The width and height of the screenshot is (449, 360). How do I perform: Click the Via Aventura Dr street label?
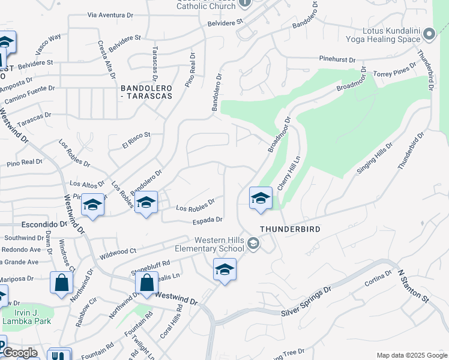(109, 14)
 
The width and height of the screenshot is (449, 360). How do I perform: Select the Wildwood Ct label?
(118, 251)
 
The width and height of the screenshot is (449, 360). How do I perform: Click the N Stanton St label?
(414, 285)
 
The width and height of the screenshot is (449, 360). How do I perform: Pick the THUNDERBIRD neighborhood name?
(290, 229)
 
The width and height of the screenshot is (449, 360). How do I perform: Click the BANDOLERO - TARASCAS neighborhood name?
(147, 91)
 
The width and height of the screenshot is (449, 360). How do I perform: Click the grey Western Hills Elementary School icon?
(254, 243)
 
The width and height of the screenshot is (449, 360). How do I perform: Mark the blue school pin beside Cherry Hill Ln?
(261, 199)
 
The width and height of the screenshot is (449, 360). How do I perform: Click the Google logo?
(20, 353)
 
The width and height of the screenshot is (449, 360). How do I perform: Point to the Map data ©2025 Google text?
(411, 355)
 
